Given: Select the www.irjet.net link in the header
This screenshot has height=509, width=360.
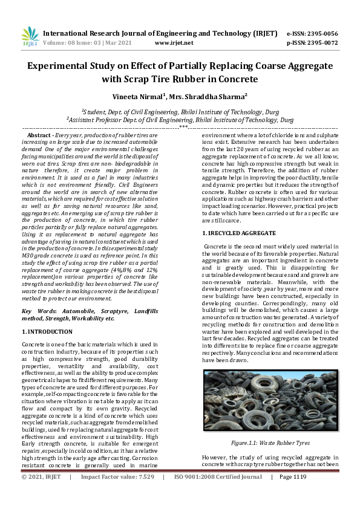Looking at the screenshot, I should [x=174, y=43].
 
